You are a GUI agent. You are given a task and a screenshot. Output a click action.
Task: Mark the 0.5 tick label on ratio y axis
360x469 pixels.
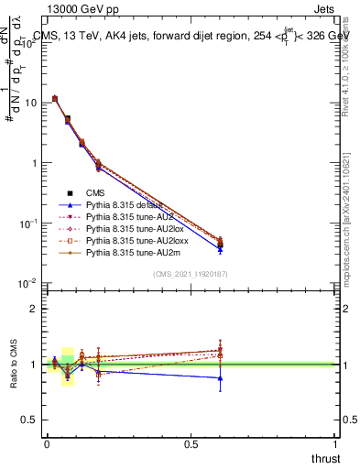pyautogui.click(x=30, y=420)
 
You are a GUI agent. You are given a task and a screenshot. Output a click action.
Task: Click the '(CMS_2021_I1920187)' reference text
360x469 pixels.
pyautogui.click(x=191, y=274)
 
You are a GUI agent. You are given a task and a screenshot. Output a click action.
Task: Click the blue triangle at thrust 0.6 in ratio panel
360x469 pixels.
pyautogui.click(x=220, y=377)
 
